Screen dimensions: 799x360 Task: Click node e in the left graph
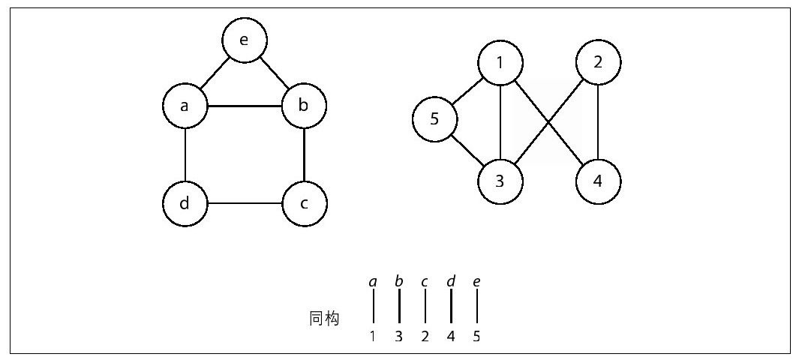pyautogui.click(x=245, y=40)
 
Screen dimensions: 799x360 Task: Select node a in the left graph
pyautogui.click(x=185, y=106)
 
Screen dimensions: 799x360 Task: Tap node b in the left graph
pyautogui.click(x=304, y=106)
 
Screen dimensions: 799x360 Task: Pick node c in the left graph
pyautogui.click(x=304, y=204)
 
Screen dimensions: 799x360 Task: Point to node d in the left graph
pyautogui.click(x=185, y=204)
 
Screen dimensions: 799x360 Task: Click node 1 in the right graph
pyautogui.click(x=500, y=63)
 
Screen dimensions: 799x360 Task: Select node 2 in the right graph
pyautogui.click(x=598, y=63)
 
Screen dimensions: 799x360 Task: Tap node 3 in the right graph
pyautogui.click(x=500, y=181)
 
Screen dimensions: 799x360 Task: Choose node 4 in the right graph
pyautogui.click(x=598, y=181)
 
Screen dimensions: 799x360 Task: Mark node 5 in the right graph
pyautogui.click(x=434, y=119)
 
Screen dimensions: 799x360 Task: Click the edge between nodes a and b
pyautogui.click(x=245, y=106)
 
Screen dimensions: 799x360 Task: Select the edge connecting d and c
pyautogui.click(x=245, y=204)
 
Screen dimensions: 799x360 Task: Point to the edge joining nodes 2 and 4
pyautogui.click(x=598, y=122)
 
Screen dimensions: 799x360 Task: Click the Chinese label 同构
pyautogui.click(x=324, y=319)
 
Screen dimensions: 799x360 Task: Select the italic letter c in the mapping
pyautogui.click(x=425, y=281)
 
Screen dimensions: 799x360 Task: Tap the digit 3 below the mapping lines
pyautogui.click(x=399, y=337)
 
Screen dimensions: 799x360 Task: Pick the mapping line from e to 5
pyautogui.click(x=477, y=305)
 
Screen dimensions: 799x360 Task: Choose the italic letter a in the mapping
pyautogui.click(x=373, y=281)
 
